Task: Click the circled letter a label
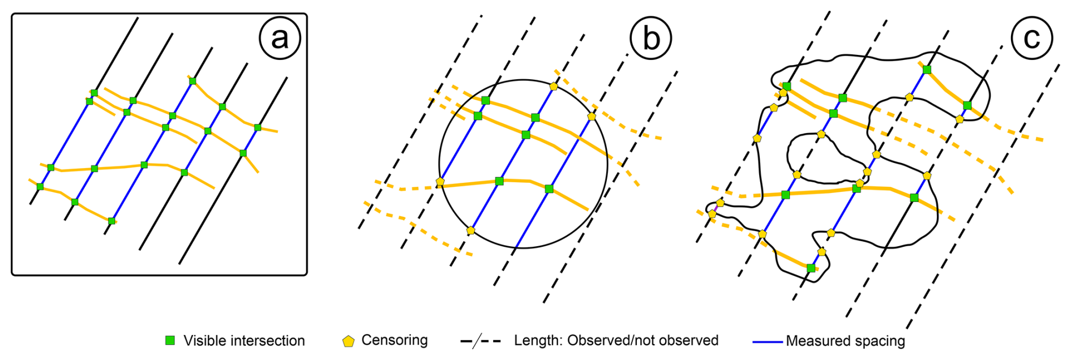[280, 38]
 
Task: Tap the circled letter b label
[651, 38]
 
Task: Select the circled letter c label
[1031, 38]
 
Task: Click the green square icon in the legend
[169, 340]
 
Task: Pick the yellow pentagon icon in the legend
[348, 341]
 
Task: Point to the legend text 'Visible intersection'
[244, 341]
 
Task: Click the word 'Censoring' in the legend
[395, 340]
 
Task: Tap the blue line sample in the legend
[768, 341]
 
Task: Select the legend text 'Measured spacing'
[845, 341]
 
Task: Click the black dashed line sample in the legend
[481, 341]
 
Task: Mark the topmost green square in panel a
[192, 81]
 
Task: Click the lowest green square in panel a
[112, 221]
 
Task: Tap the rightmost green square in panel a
[258, 127]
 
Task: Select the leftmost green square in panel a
[40, 186]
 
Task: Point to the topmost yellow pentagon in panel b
[554, 87]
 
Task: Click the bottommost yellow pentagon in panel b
[471, 230]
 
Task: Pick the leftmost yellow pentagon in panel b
[440, 182]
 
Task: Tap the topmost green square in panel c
[927, 70]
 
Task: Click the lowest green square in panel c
[811, 268]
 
